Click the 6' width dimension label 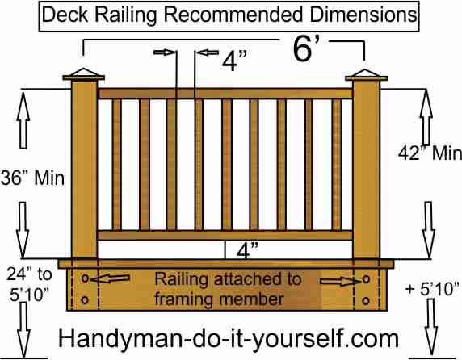click(306, 49)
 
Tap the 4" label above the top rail click(234, 61)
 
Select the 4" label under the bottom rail click(247, 250)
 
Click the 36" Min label click(32, 178)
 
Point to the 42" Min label click(430, 153)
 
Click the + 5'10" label click(432, 289)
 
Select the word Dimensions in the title click(363, 15)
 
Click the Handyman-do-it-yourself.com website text click(229, 338)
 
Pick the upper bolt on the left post click(85, 278)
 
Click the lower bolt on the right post click(366, 300)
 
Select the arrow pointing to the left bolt click(110, 278)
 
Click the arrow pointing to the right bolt click(340, 282)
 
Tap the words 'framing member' click(219, 299)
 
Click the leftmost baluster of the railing click(116, 164)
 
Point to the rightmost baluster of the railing click(337, 164)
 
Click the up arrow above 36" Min click(23, 120)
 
